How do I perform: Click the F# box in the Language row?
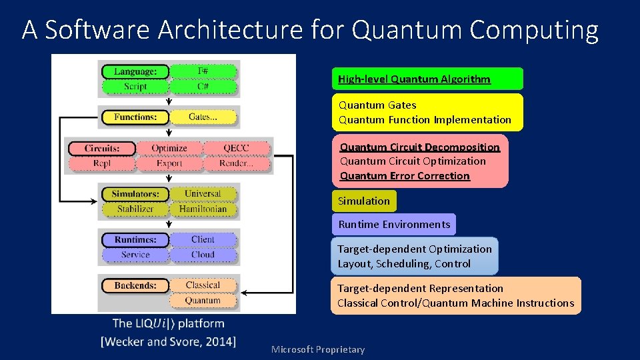point(203,71)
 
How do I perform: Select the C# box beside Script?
point(203,87)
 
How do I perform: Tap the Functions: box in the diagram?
point(135,117)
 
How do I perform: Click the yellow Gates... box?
point(203,117)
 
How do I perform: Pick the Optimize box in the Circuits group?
point(169,148)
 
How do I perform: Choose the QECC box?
point(237,148)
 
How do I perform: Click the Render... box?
point(237,163)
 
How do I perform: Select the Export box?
point(169,163)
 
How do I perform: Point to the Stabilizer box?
point(135,209)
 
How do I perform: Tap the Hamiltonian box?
point(203,209)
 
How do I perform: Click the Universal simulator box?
point(203,194)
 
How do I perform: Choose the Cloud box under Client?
point(203,255)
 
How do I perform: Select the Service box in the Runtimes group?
point(135,255)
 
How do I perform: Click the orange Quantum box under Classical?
point(203,301)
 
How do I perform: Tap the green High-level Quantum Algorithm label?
point(414,79)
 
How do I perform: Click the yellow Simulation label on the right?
point(364,201)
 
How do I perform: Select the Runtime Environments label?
point(394,225)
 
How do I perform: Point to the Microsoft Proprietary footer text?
point(318,350)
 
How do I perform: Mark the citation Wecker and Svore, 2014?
point(168,342)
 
